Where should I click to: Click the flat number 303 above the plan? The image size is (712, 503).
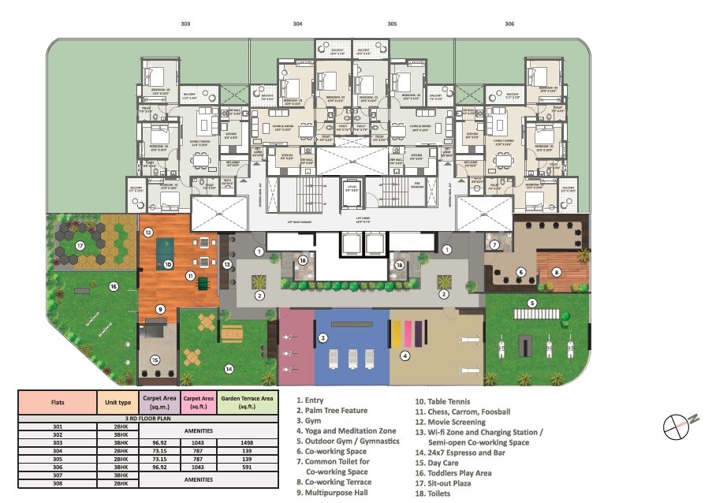pyautogui.click(x=185, y=24)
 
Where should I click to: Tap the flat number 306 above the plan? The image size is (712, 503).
pyautogui.click(x=509, y=24)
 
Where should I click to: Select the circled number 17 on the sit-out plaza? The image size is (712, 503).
pyautogui.click(x=80, y=246)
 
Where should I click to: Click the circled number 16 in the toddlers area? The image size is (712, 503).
pyautogui.click(x=113, y=287)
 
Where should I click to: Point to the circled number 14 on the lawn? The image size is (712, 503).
pyautogui.click(x=229, y=368)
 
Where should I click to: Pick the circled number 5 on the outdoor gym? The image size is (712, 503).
pyautogui.click(x=532, y=303)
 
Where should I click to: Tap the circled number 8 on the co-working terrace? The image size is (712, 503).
pyautogui.click(x=557, y=273)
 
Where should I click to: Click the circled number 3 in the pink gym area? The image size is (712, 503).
pyautogui.click(x=322, y=338)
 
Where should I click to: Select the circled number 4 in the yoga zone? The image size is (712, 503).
pyautogui.click(x=405, y=356)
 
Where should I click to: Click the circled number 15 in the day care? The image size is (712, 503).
pyautogui.click(x=155, y=360)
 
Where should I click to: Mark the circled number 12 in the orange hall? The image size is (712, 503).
pyautogui.click(x=148, y=233)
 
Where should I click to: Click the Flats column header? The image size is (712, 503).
pyautogui.click(x=58, y=402)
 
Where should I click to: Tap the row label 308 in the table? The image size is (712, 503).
pyautogui.click(x=58, y=483)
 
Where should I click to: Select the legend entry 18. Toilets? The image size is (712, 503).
pyautogui.click(x=433, y=494)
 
